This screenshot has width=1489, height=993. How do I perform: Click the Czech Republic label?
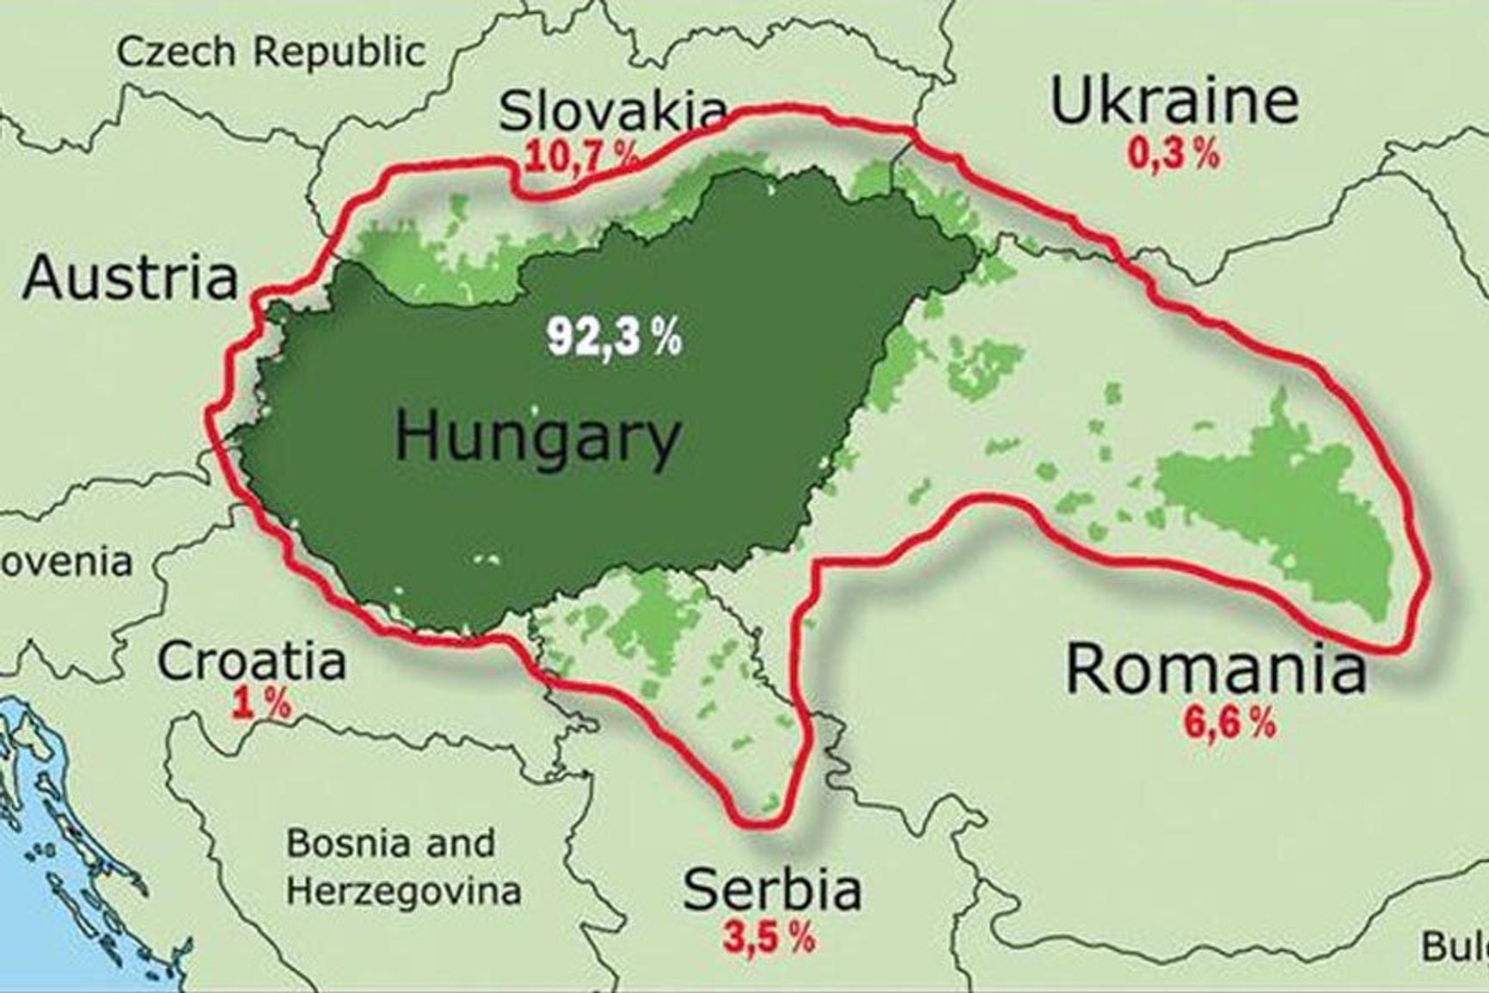[x=271, y=52]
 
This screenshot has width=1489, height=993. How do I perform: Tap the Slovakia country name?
[x=613, y=113]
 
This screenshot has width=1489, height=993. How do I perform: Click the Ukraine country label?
[x=1173, y=101]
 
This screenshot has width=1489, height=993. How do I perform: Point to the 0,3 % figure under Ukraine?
[x=1173, y=155]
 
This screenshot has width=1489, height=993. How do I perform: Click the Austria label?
[x=130, y=279]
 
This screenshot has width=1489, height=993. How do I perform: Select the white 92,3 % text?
[x=614, y=337]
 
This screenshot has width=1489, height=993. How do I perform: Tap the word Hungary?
[x=537, y=437]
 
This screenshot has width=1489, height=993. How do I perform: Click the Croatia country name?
[x=252, y=661]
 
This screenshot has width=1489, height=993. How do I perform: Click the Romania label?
[x=1216, y=670]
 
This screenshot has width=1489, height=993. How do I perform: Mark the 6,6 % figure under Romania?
[x=1229, y=724]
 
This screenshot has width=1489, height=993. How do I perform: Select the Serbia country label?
[x=771, y=889]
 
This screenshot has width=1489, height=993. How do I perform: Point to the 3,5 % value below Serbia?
[x=768, y=938]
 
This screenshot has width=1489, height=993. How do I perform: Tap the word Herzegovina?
[x=403, y=891]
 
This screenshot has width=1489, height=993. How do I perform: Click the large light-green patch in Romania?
[x=1290, y=516]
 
